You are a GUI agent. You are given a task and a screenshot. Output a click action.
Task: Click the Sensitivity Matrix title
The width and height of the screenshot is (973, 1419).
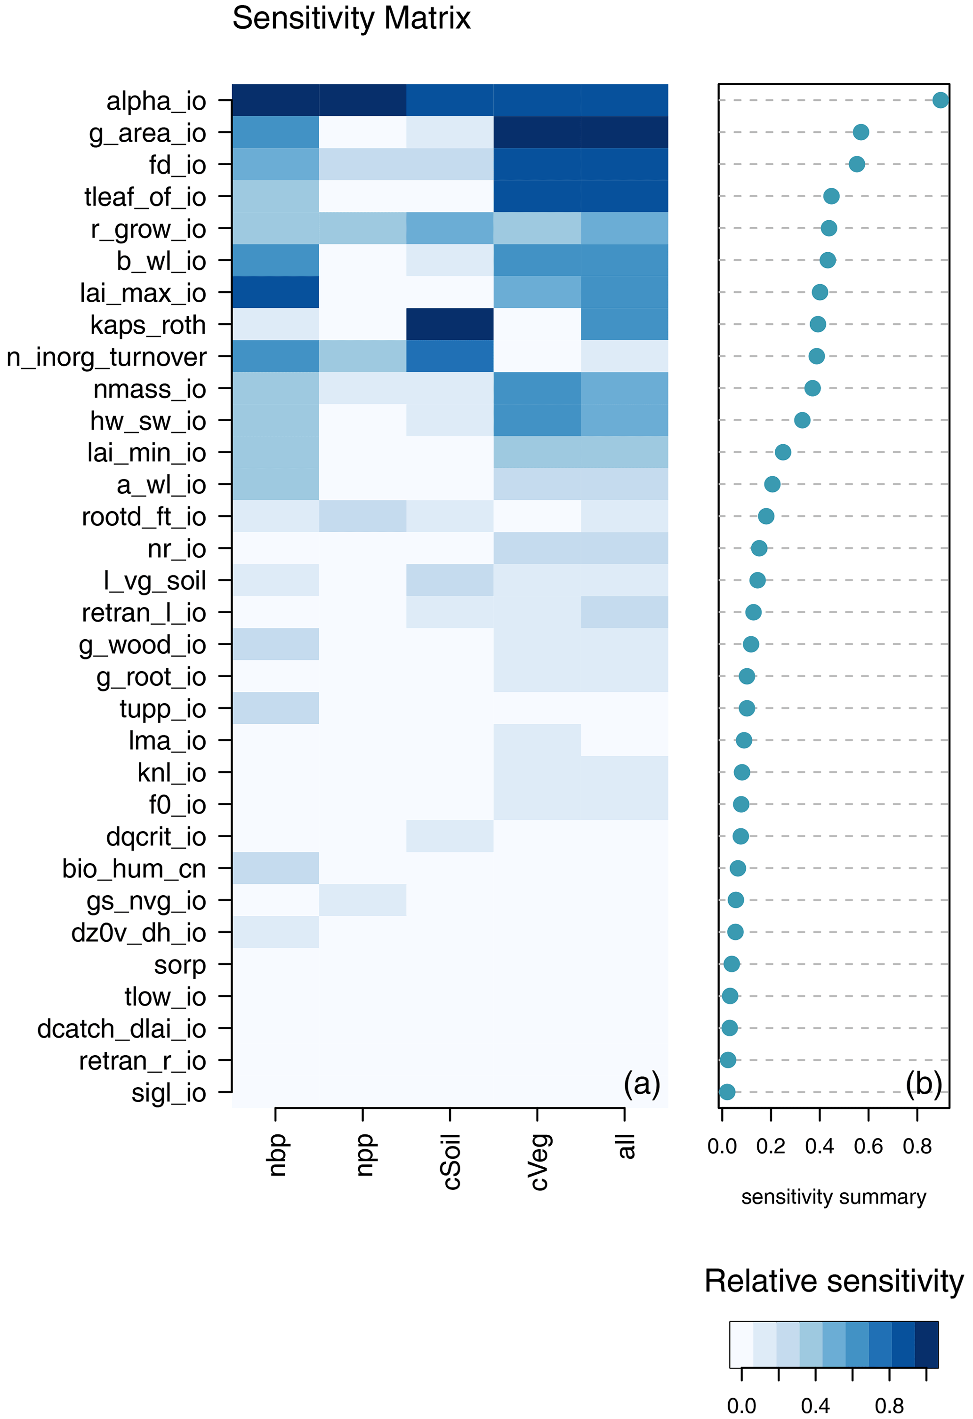351,18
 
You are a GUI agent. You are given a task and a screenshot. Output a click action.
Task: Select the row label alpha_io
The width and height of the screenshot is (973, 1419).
156,101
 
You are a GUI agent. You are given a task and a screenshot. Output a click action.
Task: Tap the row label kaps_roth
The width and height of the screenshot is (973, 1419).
148,325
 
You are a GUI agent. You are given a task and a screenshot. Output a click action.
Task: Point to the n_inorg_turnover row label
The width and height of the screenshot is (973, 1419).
106,357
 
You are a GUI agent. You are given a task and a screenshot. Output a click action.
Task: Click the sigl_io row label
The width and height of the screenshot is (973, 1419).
169,1092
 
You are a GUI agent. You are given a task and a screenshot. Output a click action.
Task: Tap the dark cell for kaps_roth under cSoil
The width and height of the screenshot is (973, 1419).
450,324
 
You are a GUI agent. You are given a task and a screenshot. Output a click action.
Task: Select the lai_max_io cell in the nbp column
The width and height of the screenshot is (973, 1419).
275,292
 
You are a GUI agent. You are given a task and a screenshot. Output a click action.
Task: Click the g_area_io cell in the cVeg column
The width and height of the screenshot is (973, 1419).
537,133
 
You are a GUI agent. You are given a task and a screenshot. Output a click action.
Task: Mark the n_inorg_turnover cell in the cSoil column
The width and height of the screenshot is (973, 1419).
450,356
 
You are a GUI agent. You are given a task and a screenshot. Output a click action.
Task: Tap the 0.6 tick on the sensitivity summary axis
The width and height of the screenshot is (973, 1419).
868,1146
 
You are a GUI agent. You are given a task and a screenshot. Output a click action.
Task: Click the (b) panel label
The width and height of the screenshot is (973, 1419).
924,1084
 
